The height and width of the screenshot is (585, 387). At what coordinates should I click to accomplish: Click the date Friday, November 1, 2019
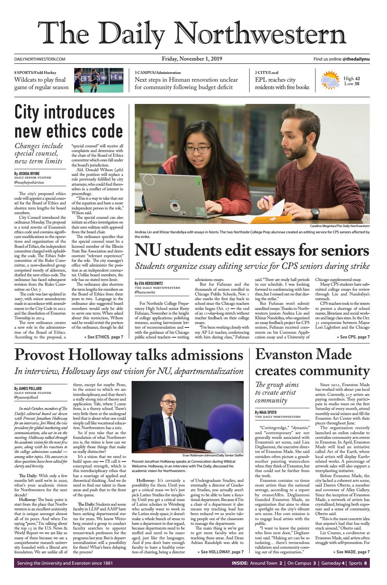pyautogui.click(x=192, y=59)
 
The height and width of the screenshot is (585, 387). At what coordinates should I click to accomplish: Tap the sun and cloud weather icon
pyautogui.click(x=330, y=80)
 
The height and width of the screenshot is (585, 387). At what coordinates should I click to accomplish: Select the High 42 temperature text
pyautogui.click(x=352, y=79)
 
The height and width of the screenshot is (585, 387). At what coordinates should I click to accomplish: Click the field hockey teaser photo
pyautogui.click(x=98, y=80)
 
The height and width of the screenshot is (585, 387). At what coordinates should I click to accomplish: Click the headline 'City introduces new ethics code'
pyautogui.click(x=69, y=122)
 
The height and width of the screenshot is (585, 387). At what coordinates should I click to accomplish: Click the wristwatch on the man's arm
pyautogui.click(x=315, y=213)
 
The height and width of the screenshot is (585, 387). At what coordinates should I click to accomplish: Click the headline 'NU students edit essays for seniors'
pyautogui.click(x=252, y=250)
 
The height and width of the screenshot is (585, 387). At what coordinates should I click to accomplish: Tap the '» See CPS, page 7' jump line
pyautogui.click(x=355, y=337)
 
